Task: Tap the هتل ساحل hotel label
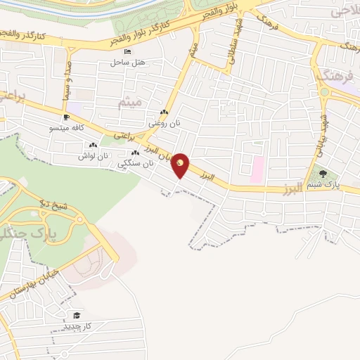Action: point(127,62)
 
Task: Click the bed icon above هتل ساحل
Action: point(127,51)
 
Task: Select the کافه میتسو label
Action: point(67,129)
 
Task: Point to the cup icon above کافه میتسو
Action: point(66,117)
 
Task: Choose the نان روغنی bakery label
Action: point(163,123)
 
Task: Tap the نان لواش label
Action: point(94,155)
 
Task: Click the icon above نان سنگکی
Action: point(135,153)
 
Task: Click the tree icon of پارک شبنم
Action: point(323,173)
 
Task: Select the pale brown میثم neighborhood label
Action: point(131,102)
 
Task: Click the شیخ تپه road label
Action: point(54,208)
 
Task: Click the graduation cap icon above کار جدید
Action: point(76,316)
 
